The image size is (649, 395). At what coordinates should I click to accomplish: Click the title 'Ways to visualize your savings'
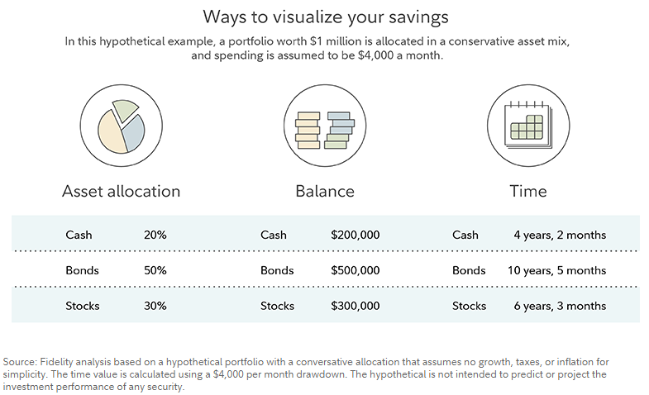(x=326, y=17)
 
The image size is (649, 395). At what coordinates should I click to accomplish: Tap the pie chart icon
(x=122, y=126)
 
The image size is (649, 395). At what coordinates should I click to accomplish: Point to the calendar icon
(x=528, y=126)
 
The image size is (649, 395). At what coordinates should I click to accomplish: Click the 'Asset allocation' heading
(x=122, y=192)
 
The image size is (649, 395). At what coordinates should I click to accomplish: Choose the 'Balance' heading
(x=325, y=192)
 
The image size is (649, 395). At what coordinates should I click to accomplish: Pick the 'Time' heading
(x=528, y=192)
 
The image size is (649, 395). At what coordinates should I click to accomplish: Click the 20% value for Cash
(x=155, y=235)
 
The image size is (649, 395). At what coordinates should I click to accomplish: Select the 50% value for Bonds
(x=155, y=270)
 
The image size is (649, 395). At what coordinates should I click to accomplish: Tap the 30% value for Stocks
(x=155, y=306)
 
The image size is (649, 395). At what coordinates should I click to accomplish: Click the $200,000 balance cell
(x=356, y=235)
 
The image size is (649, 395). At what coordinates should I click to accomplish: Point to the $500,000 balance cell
(x=356, y=270)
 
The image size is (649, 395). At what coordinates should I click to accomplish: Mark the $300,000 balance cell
(x=356, y=306)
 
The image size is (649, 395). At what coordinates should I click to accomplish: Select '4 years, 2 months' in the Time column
(x=560, y=236)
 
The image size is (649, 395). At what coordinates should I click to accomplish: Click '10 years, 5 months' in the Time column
(x=557, y=271)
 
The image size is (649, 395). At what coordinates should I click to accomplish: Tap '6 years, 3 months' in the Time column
(x=560, y=307)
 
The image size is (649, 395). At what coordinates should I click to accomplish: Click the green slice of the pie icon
(x=124, y=109)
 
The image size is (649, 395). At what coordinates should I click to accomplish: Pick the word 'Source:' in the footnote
(x=20, y=362)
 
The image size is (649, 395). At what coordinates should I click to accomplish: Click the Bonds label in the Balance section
(x=277, y=270)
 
